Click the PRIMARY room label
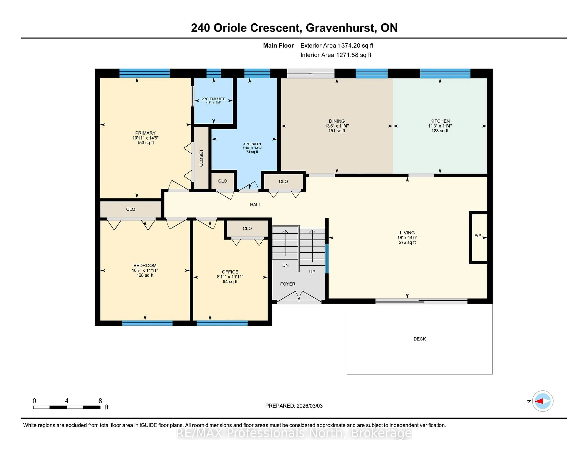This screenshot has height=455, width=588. [x=145, y=133]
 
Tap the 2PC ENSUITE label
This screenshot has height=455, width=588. [x=213, y=99]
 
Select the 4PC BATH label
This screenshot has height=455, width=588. [x=252, y=144]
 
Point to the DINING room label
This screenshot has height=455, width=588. [x=337, y=121]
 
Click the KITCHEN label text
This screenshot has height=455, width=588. [x=440, y=121]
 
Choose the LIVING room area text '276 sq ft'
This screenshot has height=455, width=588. [x=407, y=242]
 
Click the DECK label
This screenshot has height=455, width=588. [x=419, y=339]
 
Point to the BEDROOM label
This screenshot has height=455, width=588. [x=145, y=266]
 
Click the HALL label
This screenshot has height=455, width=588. [x=255, y=205]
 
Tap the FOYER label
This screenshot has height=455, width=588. [x=288, y=284]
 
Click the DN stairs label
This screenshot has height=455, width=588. [x=285, y=265]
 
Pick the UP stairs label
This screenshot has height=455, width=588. [x=312, y=272]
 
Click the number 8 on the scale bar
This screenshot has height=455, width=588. [x=100, y=401]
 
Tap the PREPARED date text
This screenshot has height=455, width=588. [x=294, y=406]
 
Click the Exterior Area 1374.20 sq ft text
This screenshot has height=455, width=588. [x=337, y=46]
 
